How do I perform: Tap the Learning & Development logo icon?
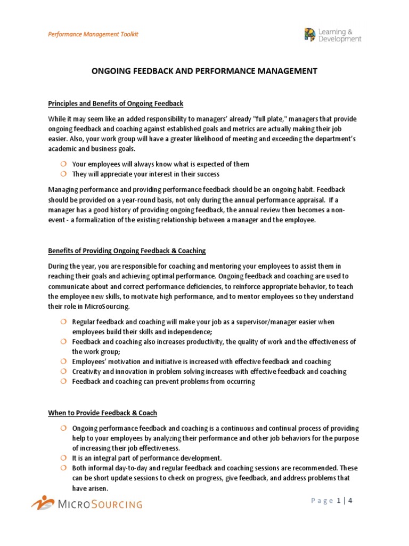[309, 35]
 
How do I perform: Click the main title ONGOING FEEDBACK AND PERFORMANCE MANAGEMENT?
[204, 71]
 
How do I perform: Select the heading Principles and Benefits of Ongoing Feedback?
[116, 103]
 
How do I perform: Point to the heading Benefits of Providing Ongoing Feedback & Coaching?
[127, 251]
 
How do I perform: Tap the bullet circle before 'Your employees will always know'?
[62, 164]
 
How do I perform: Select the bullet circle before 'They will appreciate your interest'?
[62, 174]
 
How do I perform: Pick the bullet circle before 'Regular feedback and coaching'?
[62, 322]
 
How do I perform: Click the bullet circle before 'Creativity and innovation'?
[62, 371]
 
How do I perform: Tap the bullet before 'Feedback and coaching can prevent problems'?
[62, 381]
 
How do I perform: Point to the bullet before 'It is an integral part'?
[62, 458]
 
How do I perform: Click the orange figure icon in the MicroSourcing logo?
[42, 502]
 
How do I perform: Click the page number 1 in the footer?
[339, 501]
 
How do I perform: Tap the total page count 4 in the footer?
[351, 501]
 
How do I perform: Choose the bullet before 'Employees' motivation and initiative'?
[62, 361]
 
